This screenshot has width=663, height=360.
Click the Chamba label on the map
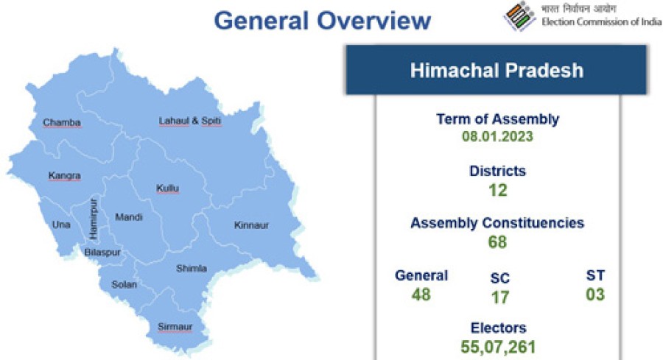tap(62, 122)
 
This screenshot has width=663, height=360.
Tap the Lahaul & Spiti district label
tap(190, 121)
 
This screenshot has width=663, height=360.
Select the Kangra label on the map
tap(64, 175)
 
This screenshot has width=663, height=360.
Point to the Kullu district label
tap(167, 188)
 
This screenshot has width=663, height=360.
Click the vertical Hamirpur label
tap(94, 219)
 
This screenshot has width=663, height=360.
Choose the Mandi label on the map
tap(129, 217)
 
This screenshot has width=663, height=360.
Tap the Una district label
tap(61, 225)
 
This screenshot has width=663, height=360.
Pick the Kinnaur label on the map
tap(252, 225)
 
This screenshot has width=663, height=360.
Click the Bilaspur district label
tap(102, 253)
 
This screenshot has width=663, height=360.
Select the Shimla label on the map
tap(192, 268)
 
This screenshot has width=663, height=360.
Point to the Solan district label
tap(124, 285)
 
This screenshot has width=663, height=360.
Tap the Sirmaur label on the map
tap(175, 327)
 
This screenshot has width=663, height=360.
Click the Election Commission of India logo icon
tap(519, 16)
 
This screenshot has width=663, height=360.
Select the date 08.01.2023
tap(497, 136)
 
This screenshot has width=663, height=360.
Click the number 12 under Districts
tap(498, 190)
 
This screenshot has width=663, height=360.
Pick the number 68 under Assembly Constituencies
tap(497, 242)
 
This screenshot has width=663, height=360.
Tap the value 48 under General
tap(421, 294)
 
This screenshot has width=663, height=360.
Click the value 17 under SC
tap(499, 297)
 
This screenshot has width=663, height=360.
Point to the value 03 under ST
tap(595, 294)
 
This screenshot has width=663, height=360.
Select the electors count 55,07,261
tap(498, 347)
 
